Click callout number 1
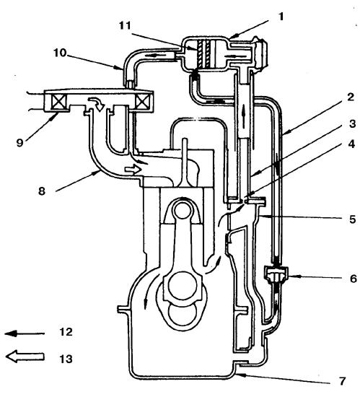pos(281,17)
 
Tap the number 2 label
pos(351,97)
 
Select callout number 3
pos(352,124)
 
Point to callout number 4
pos(351,145)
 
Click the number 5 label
pos(353,219)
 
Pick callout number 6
pos(354,279)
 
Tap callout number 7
pos(342,380)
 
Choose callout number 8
pos(42,191)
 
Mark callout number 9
pos(19,143)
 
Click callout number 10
pos(60,53)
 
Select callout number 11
pos(125,25)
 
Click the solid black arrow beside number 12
pos(25,333)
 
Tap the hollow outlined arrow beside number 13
pos(25,357)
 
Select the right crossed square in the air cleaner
pos(141,102)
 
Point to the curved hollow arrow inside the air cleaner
pos(97,103)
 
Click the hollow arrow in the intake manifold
pos(133,169)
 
